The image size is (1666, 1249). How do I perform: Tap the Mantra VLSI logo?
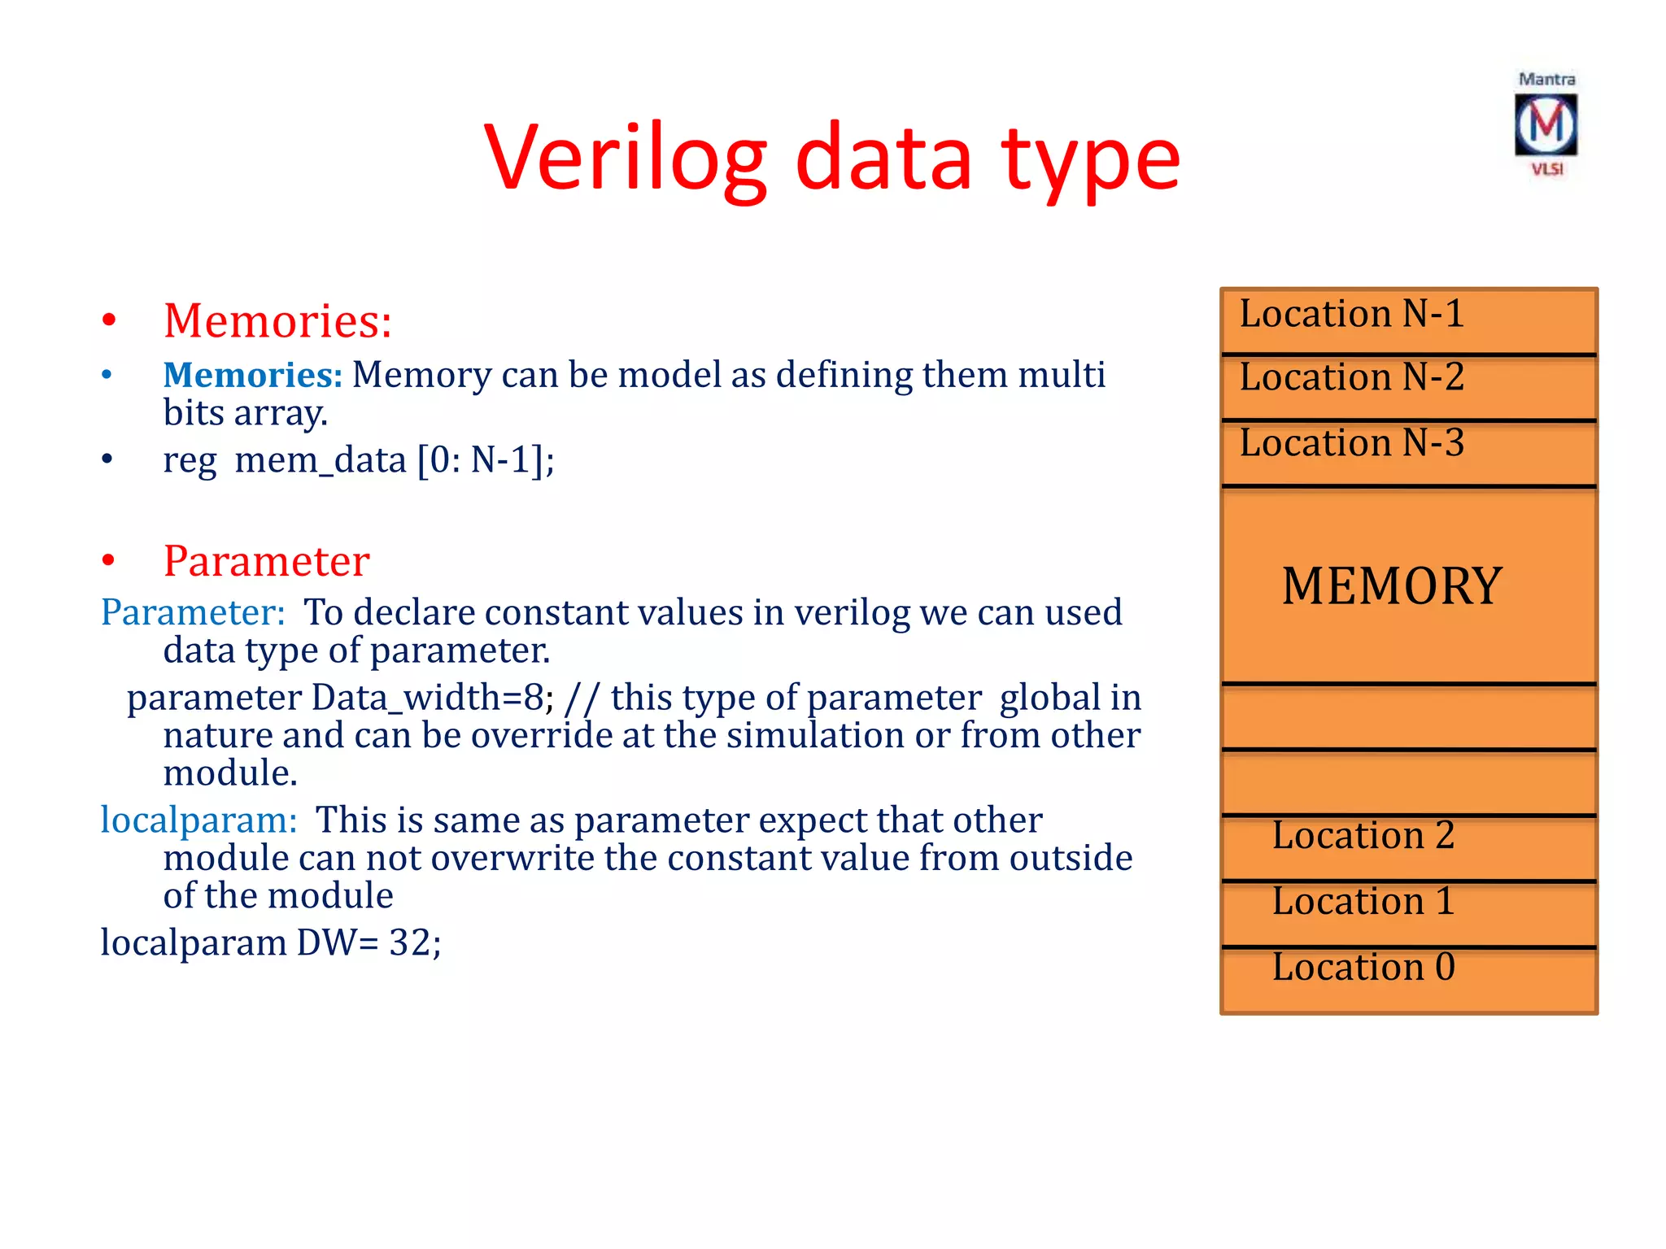pos(1546,125)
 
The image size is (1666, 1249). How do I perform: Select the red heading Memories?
pos(277,320)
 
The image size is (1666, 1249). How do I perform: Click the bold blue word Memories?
pos(253,375)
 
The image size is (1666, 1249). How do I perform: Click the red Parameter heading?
pos(266,561)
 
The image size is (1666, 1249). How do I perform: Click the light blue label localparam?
pos(198,820)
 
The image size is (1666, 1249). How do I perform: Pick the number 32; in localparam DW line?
pos(415,943)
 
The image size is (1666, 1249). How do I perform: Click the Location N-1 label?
pos(1351,314)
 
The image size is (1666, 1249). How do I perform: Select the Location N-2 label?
pos(1351,377)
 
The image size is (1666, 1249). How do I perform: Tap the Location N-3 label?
pos(1351,443)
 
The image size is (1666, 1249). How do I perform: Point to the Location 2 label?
pos(1363,835)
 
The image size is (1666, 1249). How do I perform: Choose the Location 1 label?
pos(1363,901)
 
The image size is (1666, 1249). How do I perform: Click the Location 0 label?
pos(1363,967)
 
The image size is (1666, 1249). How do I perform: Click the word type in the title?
pos(1090,159)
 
